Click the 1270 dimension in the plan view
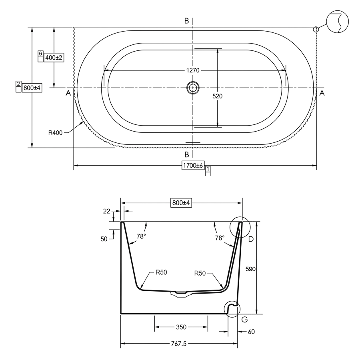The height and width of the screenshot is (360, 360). point(193,70)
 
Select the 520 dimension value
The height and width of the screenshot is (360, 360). point(217,96)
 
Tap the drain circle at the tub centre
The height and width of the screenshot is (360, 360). point(193,88)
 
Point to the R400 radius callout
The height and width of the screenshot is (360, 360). point(55,133)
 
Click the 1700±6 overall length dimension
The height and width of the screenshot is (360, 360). point(193,165)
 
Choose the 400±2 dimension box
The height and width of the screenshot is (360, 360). point(54,57)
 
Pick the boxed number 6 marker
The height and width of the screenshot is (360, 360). point(41,54)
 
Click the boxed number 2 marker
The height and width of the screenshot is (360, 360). point(18,84)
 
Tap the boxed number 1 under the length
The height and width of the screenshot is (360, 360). point(208,169)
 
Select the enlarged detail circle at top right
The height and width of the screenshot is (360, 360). point(337,22)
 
